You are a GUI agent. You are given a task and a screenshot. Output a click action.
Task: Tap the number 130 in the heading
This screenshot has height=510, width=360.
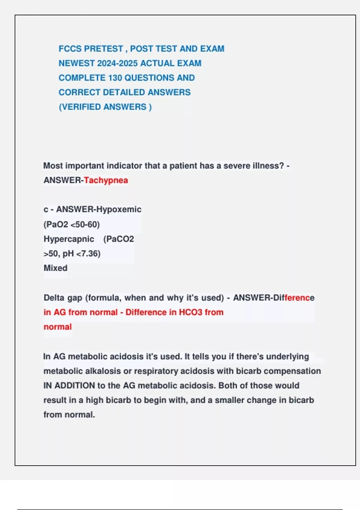(115, 78)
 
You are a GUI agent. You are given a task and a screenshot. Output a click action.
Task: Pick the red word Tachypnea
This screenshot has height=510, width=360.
(106, 180)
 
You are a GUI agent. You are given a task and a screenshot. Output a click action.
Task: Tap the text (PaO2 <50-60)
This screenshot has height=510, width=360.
(72, 224)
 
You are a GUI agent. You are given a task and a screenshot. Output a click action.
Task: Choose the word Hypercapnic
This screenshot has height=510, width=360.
(69, 239)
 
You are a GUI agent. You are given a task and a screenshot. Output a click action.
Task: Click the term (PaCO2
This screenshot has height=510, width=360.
(118, 239)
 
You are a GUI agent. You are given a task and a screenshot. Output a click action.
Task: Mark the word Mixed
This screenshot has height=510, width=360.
(55, 268)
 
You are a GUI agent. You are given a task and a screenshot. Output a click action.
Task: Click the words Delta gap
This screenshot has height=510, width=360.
(63, 298)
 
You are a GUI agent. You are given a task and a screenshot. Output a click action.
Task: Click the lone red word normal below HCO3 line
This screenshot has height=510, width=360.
(58, 327)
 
